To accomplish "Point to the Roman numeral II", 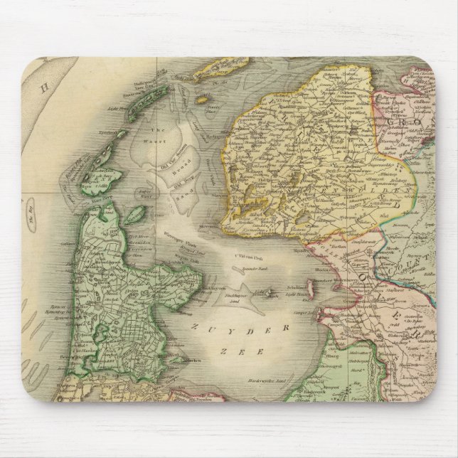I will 44,88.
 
